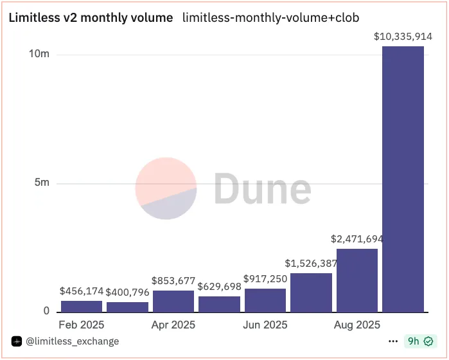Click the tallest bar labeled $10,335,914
403,179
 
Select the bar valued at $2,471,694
357,280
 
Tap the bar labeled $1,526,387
312,292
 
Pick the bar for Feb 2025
82,307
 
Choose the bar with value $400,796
127,307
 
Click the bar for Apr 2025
173,301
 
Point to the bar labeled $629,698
219,304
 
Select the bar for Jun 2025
265,300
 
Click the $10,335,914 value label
403,37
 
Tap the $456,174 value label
82,291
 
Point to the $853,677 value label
173,280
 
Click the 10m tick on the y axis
39,54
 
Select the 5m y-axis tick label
42,183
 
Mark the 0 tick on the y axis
46,311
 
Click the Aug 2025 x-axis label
357,325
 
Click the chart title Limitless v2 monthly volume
91,18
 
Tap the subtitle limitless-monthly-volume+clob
271,18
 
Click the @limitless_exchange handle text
72,341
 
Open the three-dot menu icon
393,341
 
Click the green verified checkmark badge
428,341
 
